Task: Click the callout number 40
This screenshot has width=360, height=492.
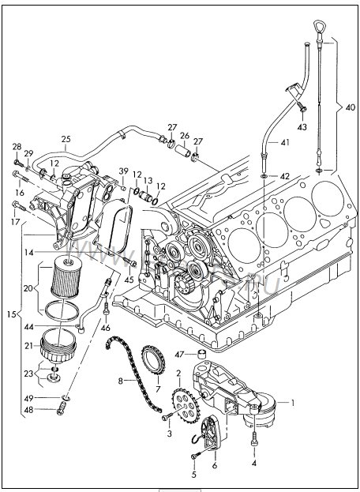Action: (x=351, y=107)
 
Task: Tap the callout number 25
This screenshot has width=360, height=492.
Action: (x=66, y=139)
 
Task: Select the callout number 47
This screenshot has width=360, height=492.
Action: (x=179, y=355)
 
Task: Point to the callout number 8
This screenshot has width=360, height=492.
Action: (x=121, y=381)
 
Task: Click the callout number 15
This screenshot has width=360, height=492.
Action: (x=11, y=314)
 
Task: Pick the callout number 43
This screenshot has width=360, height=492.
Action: (x=302, y=128)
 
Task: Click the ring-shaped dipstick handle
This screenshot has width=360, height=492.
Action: (x=319, y=26)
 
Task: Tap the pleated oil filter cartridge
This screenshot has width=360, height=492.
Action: (x=66, y=276)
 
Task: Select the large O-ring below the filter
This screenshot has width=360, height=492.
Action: (x=62, y=310)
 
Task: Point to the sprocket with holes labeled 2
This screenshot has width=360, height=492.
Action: (x=186, y=405)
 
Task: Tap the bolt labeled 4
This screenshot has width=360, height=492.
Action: (x=254, y=438)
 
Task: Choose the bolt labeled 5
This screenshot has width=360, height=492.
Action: (x=197, y=456)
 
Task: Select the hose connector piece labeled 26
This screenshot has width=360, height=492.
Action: (x=183, y=151)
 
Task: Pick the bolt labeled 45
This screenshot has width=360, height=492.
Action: (x=129, y=261)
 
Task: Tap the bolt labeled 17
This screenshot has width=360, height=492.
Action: (x=19, y=206)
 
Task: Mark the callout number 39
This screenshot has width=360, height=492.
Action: (x=124, y=171)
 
